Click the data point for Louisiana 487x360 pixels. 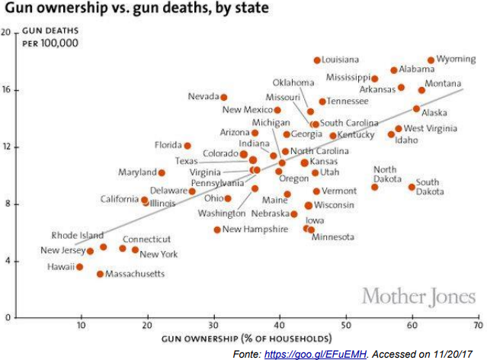[317, 60]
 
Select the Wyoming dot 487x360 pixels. [431, 60]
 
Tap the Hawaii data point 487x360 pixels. [79, 267]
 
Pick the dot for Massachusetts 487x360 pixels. [100, 274]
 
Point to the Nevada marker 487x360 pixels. [223, 98]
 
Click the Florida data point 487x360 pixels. [187, 146]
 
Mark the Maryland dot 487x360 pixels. [162, 173]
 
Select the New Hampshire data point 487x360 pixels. [217, 230]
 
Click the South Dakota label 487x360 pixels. [430, 187]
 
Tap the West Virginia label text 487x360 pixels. [431, 128]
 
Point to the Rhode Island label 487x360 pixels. [78, 236]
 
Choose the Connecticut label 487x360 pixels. [146, 239]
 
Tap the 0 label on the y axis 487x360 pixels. [8, 318]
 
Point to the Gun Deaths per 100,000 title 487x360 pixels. [50, 37]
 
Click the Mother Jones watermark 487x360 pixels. [418, 297]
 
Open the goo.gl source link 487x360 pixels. [316, 354]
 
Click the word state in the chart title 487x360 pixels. [250, 8]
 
